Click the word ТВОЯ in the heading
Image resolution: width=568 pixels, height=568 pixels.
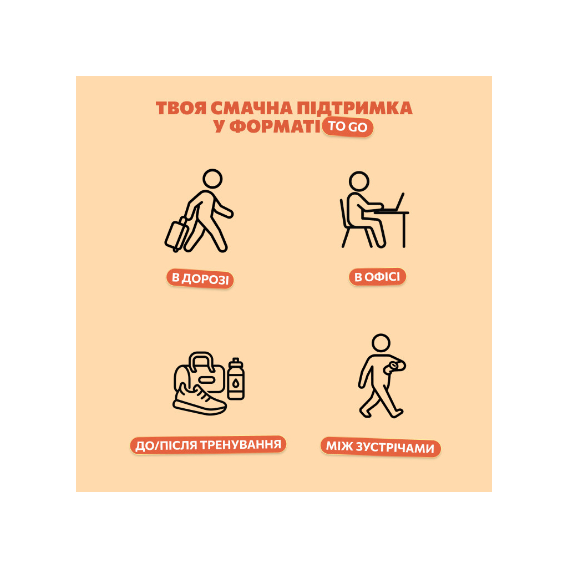[181, 108]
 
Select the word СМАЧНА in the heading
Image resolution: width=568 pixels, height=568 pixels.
[251, 108]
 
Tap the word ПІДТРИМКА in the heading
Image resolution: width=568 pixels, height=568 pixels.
[354, 108]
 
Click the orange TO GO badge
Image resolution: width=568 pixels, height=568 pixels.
[348, 127]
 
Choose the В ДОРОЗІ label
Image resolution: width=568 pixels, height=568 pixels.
[200, 278]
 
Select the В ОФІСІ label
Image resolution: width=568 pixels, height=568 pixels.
[377, 277]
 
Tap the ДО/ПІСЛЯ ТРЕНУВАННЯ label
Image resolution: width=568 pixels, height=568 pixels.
[209, 444]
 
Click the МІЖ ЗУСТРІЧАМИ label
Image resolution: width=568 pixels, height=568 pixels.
[381, 447]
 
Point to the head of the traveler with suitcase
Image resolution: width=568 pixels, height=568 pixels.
[212, 179]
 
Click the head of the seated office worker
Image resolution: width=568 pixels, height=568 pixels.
[359, 181]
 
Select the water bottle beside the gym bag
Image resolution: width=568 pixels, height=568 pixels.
[236, 379]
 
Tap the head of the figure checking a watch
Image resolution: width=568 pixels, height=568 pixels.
[381, 343]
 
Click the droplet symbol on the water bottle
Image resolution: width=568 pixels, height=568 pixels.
[236, 383]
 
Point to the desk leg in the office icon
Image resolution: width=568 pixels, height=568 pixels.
[404, 230]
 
